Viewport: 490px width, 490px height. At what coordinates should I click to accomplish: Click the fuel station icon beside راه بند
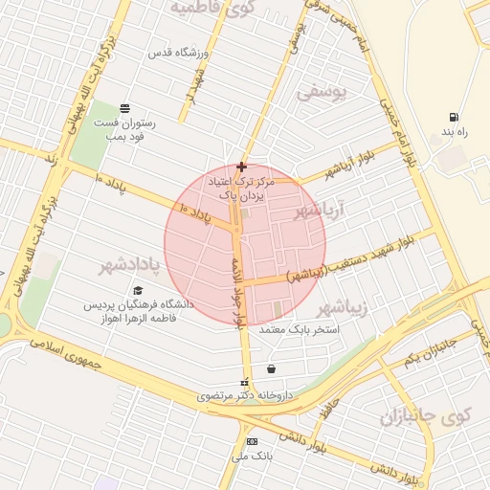tap(452, 118)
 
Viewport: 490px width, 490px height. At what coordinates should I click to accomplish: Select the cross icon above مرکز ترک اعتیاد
tap(241, 167)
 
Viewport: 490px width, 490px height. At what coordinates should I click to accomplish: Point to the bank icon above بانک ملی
tap(252, 441)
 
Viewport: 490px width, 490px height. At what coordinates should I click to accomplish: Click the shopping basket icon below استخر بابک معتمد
tap(272, 368)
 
